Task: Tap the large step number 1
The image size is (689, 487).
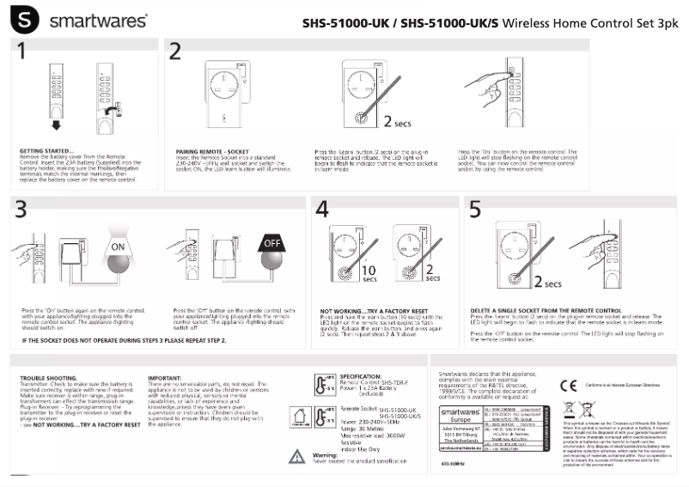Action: coord(24,52)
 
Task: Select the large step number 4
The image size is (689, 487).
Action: coord(322,210)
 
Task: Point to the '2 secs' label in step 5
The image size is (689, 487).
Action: coord(547,283)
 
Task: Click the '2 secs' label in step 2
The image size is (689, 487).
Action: coord(397,123)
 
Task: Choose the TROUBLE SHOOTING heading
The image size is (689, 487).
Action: coord(43,377)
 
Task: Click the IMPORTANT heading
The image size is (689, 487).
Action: coord(164,377)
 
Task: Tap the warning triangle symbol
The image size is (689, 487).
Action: coord(296,456)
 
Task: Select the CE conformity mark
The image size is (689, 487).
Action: coord(567,384)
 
